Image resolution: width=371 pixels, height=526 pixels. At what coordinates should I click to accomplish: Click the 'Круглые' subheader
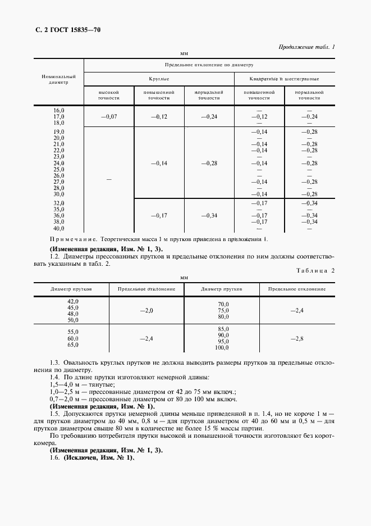click(159, 79)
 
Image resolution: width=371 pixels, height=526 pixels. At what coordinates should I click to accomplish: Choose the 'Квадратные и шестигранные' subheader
click(285, 79)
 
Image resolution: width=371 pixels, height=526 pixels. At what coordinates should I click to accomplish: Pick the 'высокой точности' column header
click(109, 94)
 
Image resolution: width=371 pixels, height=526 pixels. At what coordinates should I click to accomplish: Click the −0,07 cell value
click(109, 116)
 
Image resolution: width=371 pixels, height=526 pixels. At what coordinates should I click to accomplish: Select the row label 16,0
click(59, 111)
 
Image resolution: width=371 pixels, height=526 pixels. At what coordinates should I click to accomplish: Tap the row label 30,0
click(59, 194)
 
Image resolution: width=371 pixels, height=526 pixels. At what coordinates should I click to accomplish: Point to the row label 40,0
click(59, 229)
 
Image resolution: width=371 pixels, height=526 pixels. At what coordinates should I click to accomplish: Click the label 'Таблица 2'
click(315, 270)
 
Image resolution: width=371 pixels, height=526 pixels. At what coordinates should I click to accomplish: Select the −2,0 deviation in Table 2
click(146, 310)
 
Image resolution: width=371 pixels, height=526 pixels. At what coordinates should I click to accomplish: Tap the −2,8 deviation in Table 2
click(297, 339)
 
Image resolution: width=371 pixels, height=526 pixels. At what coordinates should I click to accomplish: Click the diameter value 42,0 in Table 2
click(72, 301)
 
